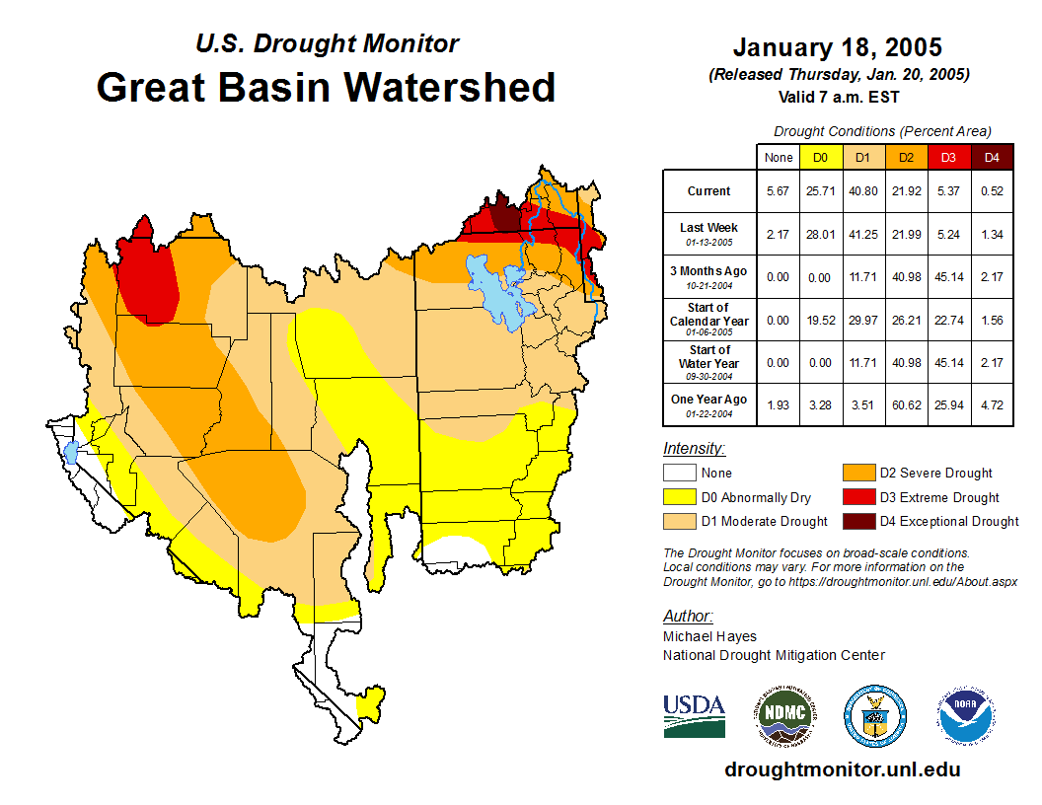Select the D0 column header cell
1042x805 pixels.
(821, 157)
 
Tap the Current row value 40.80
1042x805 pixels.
(863, 191)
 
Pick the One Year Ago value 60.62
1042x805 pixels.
(906, 404)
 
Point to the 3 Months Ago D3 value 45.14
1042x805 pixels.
(948, 277)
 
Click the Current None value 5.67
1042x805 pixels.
(779, 191)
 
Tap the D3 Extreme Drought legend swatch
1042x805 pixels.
(856, 497)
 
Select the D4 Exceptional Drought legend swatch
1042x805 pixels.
(856, 521)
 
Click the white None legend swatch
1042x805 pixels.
(681, 474)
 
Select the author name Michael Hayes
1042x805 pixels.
(710, 636)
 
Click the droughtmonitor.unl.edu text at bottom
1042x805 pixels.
(842, 769)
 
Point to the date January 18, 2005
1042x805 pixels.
(838, 47)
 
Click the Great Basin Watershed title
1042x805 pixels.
(326, 87)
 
